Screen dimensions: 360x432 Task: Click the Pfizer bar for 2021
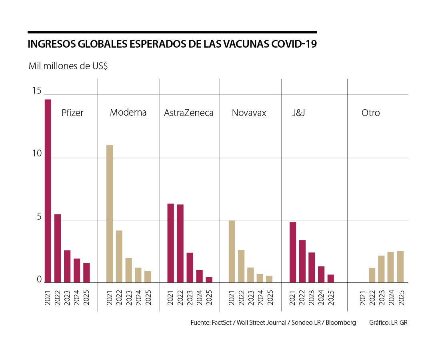pyautogui.click(x=48, y=191)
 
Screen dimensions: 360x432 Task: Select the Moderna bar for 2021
pyautogui.click(x=110, y=214)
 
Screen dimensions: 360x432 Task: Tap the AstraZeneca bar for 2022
pyautogui.click(x=180, y=243)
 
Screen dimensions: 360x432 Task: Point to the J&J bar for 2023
pyautogui.click(x=312, y=267)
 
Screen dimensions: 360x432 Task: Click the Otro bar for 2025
pyautogui.click(x=400, y=266)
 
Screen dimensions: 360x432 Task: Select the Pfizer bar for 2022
pyautogui.click(x=58, y=248)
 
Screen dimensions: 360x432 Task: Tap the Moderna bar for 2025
pyautogui.click(x=148, y=277)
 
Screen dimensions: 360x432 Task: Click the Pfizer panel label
pyautogui.click(x=72, y=113)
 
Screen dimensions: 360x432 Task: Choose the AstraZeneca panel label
pyautogui.click(x=189, y=113)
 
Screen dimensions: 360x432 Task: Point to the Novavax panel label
pyautogui.click(x=249, y=113)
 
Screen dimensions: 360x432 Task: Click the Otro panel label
pyautogui.click(x=370, y=113)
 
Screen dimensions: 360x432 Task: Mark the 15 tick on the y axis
pyautogui.click(x=37, y=91)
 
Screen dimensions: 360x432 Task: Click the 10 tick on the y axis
pyautogui.click(x=37, y=154)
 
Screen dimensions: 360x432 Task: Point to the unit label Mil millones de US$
pyautogui.click(x=68, y=66)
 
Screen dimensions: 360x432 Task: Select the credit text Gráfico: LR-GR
pyautogui.click(x=388, y=323)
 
